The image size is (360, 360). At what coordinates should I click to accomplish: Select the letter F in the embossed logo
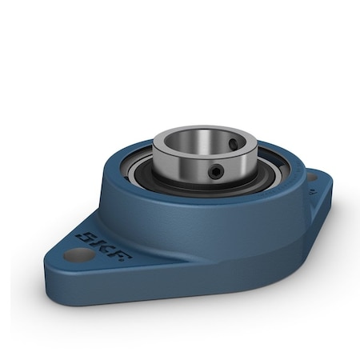pos(122,254)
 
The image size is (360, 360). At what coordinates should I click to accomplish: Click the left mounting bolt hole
pos(78,256)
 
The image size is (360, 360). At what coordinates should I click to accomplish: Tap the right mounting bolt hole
pos(310,178)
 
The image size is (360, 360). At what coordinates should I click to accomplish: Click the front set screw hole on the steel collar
pos(216,171)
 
